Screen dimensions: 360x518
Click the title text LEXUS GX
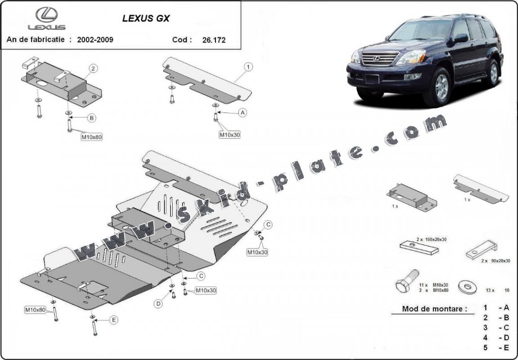point(146,19)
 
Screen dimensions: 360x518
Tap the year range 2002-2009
point(95,40)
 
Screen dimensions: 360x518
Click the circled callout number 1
point(248,67)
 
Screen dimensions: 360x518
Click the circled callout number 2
point(93,69)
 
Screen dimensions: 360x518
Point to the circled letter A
point(243,113)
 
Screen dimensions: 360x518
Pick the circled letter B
point(92,118)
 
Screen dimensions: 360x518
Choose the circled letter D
point(158,304)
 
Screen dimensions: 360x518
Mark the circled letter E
point(114,320)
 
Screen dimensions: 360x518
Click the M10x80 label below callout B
point(92,137)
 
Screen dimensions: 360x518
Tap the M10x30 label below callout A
point(230,134)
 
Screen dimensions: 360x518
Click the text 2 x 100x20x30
point(431,240)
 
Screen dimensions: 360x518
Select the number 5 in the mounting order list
point(486,347)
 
